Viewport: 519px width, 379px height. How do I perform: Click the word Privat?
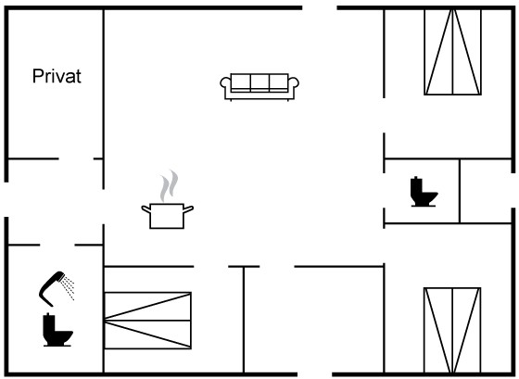(57, 76)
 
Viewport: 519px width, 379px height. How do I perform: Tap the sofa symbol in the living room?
(259, 87)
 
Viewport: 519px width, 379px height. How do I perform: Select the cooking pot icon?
(167, 216)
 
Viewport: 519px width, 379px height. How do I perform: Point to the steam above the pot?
(169, 185)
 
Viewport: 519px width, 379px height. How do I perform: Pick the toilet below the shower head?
(57, 330)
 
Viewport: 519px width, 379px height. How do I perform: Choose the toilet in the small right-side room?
(424, 192)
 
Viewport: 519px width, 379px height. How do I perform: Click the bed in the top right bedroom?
(453, 52)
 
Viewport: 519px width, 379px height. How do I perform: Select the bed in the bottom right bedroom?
(452, 331)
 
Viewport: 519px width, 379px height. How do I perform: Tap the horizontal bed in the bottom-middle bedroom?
(148, 321)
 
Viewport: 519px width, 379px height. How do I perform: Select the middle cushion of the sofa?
(259, 82)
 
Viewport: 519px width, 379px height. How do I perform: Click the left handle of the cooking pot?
(146, 209)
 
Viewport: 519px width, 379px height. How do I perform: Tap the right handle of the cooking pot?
(188, 209)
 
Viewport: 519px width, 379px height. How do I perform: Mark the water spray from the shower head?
(68, 287)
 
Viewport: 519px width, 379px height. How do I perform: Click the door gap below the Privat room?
(76, 158)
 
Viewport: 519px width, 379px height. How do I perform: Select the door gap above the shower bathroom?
(57, 245)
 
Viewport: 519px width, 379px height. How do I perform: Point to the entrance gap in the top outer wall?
(320, 7)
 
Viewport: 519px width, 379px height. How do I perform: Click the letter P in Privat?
(37, 76)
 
